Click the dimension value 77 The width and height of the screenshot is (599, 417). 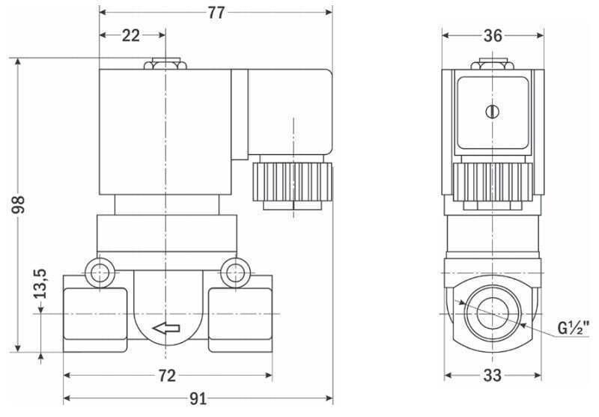[x=216, y=13]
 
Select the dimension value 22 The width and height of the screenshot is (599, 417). [x=132, y=35]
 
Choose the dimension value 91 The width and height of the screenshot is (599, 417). [x=197, y=398]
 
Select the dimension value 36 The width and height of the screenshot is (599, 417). [x=492, y=35]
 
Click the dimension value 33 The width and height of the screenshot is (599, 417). [x=492, y=376]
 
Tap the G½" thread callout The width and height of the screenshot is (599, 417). [x=574, y=326]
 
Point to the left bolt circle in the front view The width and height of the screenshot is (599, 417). [x=97, y=273]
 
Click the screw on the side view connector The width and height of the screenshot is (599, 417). [x=492, y=112]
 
